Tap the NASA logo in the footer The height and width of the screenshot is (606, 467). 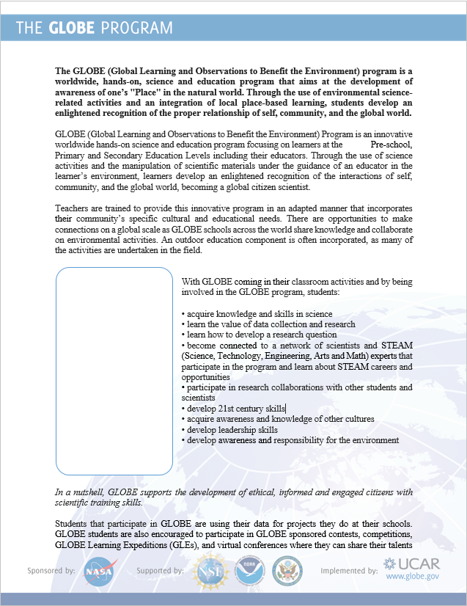tap(98, 572)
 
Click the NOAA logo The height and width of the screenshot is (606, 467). tap(249, 571)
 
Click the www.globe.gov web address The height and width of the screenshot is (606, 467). tap(412, 577)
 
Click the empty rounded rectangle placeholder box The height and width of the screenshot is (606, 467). tap(114, 370)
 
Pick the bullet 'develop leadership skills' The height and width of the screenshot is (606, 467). tap(232, 429)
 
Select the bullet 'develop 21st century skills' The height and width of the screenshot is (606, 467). tap(235, 409)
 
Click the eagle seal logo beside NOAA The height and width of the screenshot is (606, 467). tap(287, 571)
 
